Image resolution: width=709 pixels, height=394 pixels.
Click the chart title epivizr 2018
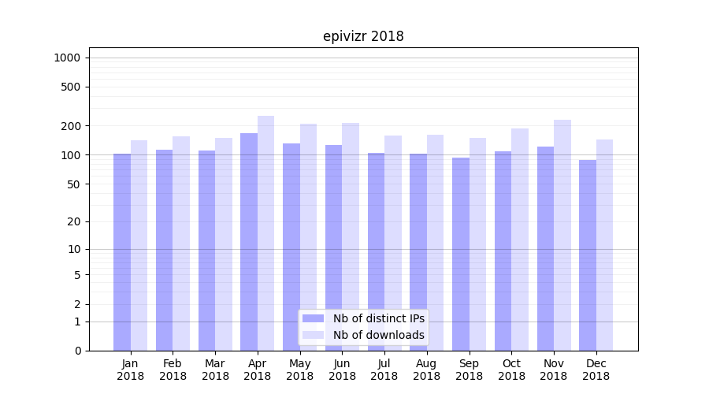363,36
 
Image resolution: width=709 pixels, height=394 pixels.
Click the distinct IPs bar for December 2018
588,255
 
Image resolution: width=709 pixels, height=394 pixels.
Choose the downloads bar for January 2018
139,245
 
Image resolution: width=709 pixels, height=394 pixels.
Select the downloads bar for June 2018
351,236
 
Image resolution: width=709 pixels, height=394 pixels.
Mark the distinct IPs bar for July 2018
376,251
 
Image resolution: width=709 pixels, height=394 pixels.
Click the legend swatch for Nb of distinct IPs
314,318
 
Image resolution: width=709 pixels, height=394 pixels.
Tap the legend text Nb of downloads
379,335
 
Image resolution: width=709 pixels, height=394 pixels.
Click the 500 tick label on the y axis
71,87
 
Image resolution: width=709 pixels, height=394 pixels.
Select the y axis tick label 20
74,221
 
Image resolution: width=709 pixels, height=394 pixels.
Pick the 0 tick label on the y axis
77,351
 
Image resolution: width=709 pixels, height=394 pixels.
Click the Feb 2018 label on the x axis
173,370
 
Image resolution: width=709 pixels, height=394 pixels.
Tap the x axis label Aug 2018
427,370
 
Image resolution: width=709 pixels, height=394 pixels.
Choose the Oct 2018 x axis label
511,370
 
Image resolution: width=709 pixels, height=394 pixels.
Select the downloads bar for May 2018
308,237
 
